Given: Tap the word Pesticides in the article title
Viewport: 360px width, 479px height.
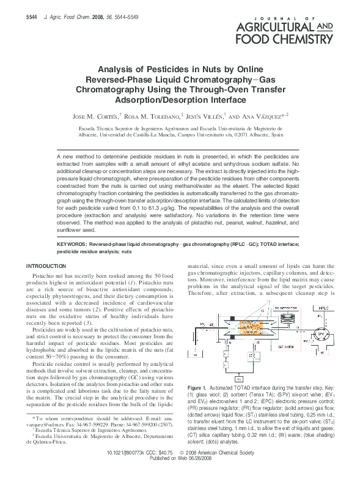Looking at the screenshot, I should tap(164, 70).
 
